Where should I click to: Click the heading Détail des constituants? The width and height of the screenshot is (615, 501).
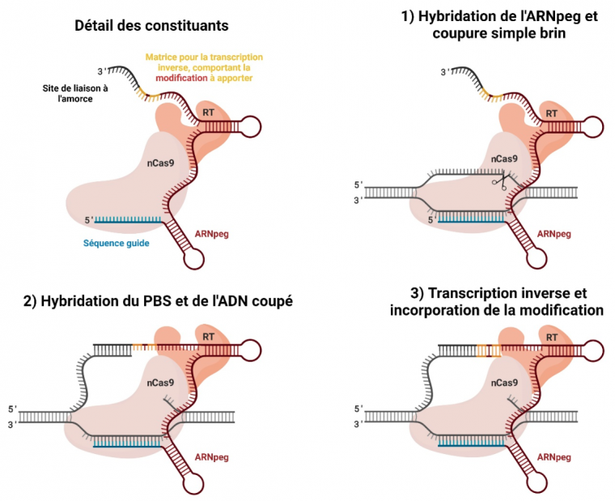151,26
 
